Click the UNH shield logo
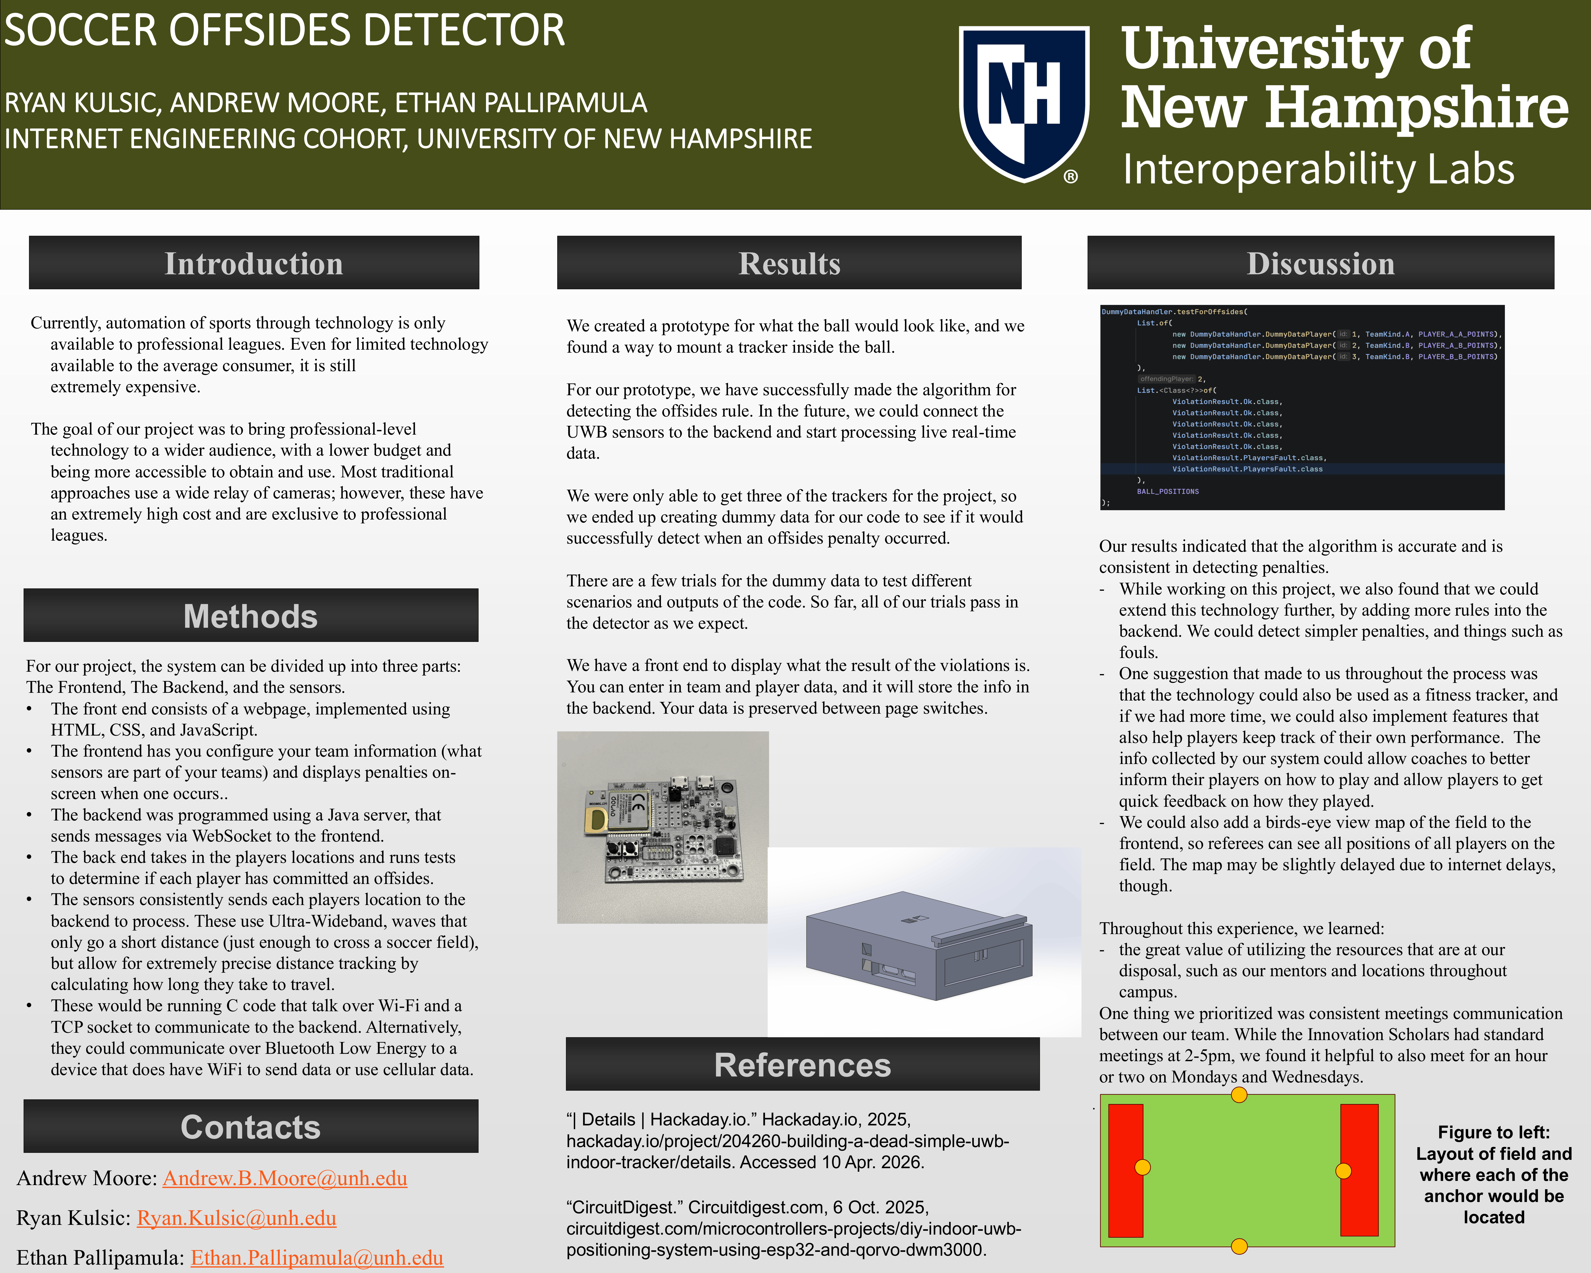pyautogui.click(x=1024, y=103)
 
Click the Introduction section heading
pyautogui.click(x=254, y=264)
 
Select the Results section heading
pyautogui.click(x=790, y=264)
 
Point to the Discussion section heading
pyautogui.click(x=1321, y=264)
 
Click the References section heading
pyautogui.click(x=803, y=1065)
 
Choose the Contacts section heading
pyautogui.click(x=251, y=1127)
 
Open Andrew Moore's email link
pyautogui.click(x=285, y=1178)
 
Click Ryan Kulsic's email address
pyautogui.click(x=237, y=1218)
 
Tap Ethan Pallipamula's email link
pyautogui.click(x=317, y=1257)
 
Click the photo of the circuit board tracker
pyautogui.click(x=663, y=827)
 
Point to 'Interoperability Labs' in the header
pyautogui.click(x=1318, y=169)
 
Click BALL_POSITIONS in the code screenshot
pyautogui.click(x=1167, y=491)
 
